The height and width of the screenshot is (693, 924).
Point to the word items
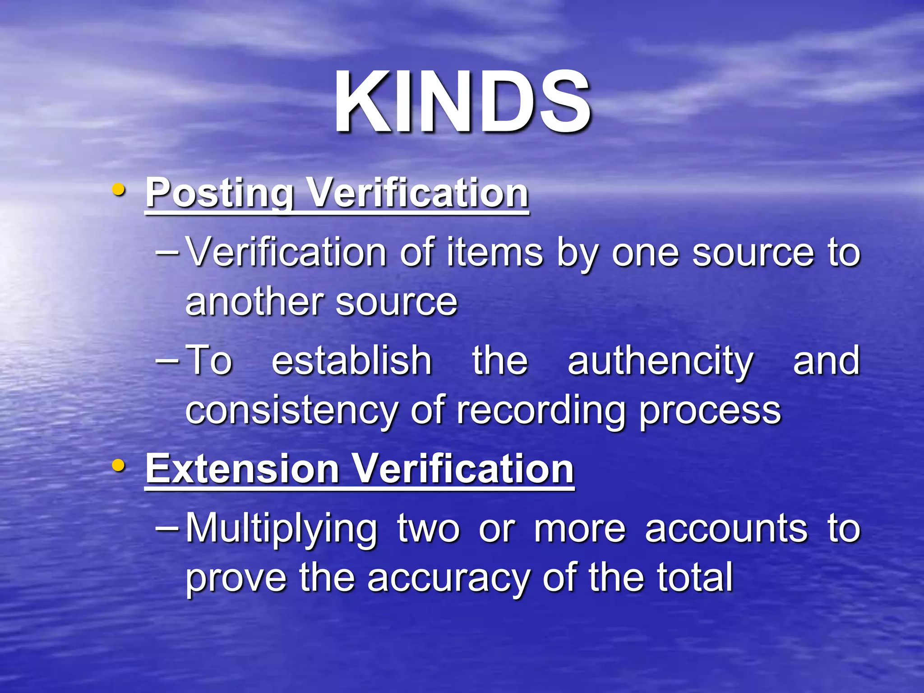(495, 253)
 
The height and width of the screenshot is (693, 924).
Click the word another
(254, 302)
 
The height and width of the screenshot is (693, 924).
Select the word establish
(352, 361)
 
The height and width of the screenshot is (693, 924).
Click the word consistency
(291, 411)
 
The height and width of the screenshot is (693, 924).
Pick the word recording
(541, 411)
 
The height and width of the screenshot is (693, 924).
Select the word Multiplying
(281, 529)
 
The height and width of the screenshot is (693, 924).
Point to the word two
(428, 529)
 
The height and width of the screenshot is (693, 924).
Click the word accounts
(726, 529)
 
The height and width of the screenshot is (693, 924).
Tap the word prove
(236, 579)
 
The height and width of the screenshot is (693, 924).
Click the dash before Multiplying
(166, 527)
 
